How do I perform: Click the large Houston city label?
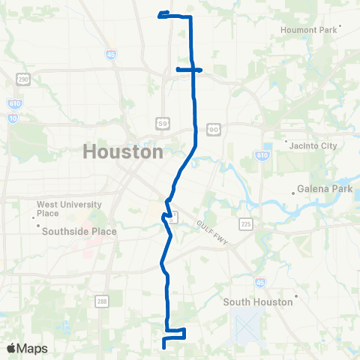122,151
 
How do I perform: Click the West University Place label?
58,208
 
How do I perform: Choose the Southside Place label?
79,231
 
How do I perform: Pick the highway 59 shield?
162,122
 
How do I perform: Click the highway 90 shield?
213,130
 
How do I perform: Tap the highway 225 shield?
246,223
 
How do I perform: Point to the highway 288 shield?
101,301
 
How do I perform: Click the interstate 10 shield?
13,118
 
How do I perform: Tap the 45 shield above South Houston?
260,282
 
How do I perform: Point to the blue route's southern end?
163,347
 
